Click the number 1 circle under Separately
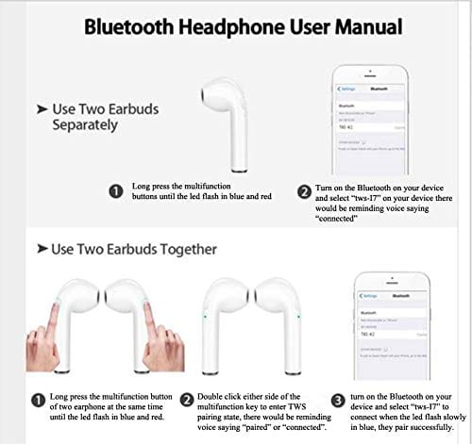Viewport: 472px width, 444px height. click(x=115, y=191)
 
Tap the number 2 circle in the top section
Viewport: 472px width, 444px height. click(x=305, y=191)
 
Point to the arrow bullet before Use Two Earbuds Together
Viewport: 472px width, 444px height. click(x=41, y=249)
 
